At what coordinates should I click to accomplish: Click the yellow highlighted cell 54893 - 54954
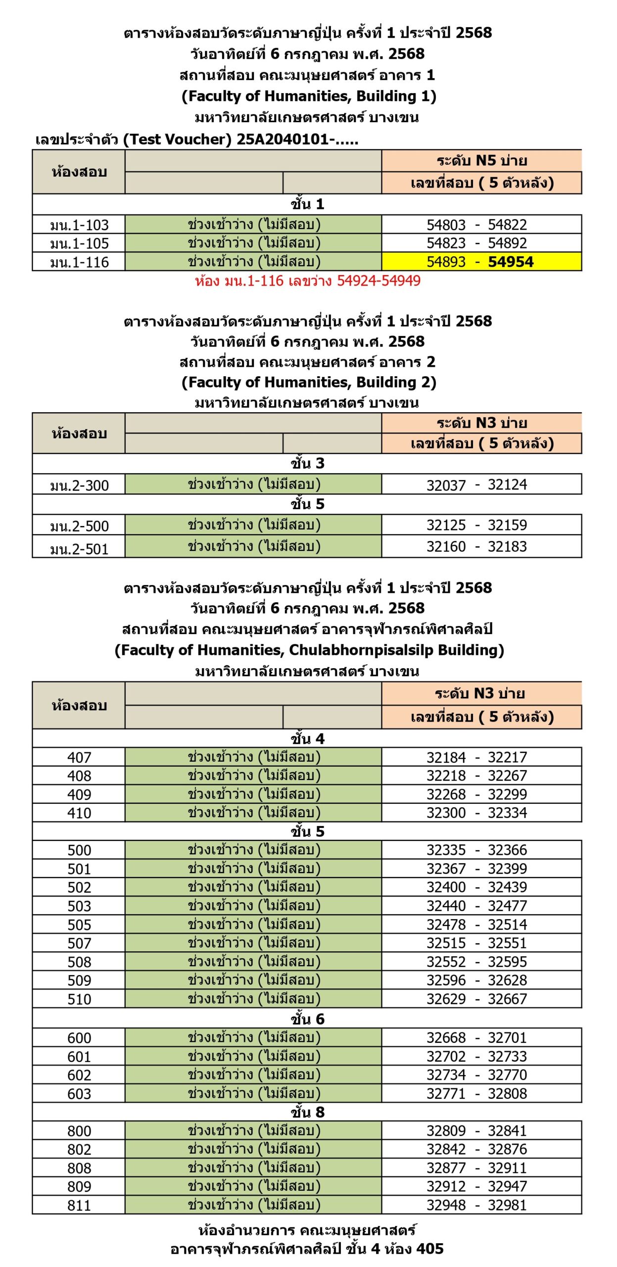pyautogui.click(x=480, y=262)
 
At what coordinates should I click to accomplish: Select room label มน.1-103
pyautogui.click(x=79, y=225)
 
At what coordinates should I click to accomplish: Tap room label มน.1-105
pyautogui.click(x=79, y=244)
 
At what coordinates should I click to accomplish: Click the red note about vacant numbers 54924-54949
pyautogui.click(x=307, y=281)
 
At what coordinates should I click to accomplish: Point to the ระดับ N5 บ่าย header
pyautogui.click(x=481, y=161)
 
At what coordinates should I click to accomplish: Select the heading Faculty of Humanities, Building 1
pyautogui.click(x=309, y=96)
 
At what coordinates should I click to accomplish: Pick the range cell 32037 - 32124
pyautogui.click(x=477, y=485)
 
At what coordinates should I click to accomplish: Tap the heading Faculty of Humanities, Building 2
pyautogui.click(x=309, y=382)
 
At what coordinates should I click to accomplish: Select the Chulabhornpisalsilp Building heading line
pyautogui.click(x=309, y=650)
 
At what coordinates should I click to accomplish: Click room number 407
pyautogui.click(x=79, y=757)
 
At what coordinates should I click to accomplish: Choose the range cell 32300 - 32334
pyautogui.click(x=477, y=813)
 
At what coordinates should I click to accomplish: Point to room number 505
pyautogui.click(x=79, y=925)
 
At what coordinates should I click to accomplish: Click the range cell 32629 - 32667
pyautogui.click(x=477, y=999)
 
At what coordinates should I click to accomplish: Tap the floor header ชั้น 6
pyautogui.click(x=307, y=1019)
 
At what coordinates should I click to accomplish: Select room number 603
pyautogui.click(x=79, y=1093)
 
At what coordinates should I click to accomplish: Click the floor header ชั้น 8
pyautogui.click(x=307, y=1112)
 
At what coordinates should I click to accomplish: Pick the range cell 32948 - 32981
pyautogui.click(x=477, y=1205)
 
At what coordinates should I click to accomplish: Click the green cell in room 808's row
pyautogui.click(x=253, y=1168)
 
